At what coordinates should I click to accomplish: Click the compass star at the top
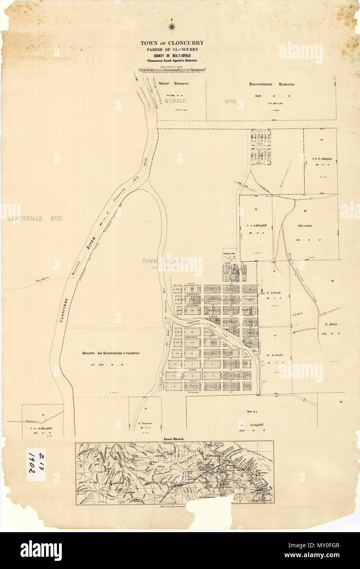click(x=172, y=27)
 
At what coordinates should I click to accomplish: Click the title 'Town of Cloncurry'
click(x=172, y=43)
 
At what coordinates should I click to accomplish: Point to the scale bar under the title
click(x=172, y=68)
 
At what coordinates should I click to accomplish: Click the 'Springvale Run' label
click(x=35, y=219)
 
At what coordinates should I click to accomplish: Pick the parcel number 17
click(x=305, y=211)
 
